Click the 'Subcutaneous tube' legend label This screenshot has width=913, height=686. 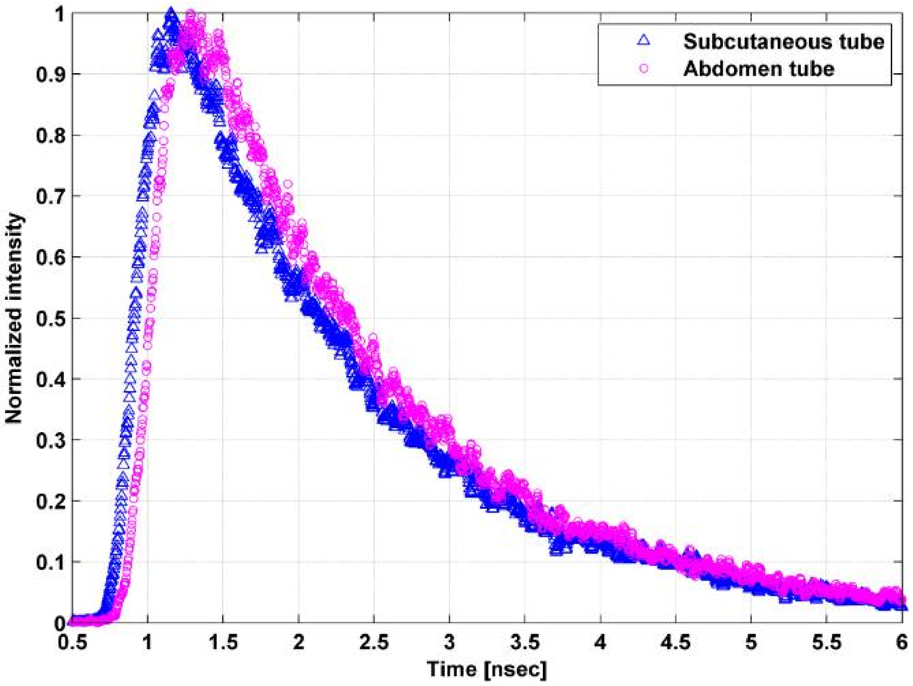click(x=783, y=42)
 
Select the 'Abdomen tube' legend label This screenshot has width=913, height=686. click(x=758, y=68)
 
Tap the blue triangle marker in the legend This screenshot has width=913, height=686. click(x=644, y=40)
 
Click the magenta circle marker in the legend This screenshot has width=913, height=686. click(x=644, y=68)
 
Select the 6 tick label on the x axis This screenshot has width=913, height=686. click(x=902, y=643)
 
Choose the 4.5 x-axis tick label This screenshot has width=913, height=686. click(x=675, y=643)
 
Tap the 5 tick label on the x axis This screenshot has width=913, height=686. click(x=751, y=643)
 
